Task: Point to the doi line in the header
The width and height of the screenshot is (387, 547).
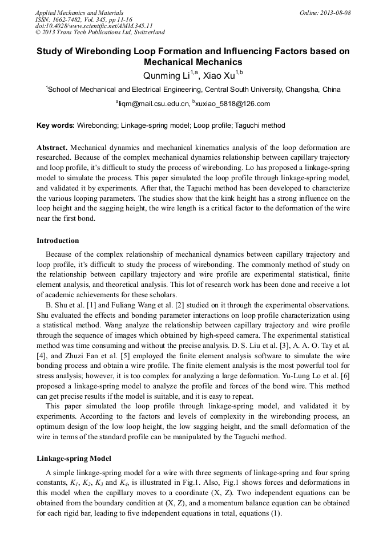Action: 94,26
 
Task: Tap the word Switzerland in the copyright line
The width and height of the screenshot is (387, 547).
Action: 144,33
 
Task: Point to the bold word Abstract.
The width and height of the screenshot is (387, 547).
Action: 51,147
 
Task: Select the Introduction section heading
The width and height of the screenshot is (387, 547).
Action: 58,241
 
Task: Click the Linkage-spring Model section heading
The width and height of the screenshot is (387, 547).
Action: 74,459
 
